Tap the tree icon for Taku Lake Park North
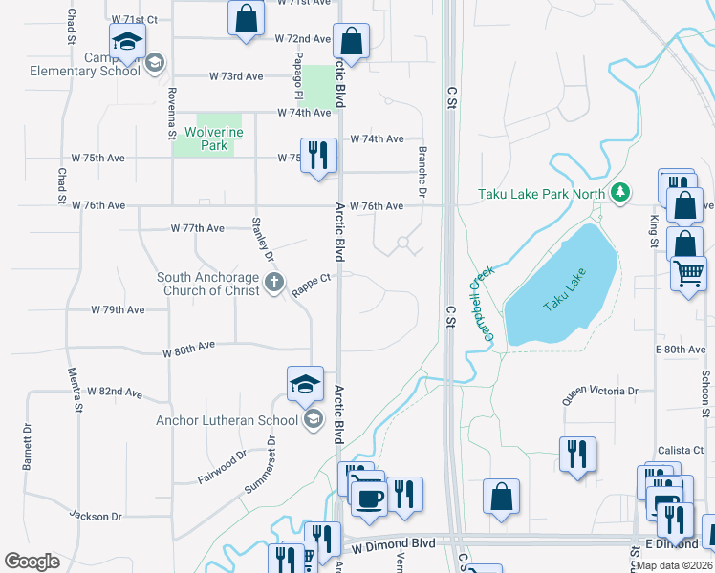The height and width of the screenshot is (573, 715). (x=620, y=194)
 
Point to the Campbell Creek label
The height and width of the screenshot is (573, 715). (x=483, y=305)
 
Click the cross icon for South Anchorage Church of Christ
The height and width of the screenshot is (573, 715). (x=274, y=283)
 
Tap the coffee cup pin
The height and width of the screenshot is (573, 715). (x=370, y=498)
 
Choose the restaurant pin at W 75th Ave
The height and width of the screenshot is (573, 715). (x=318, y=155)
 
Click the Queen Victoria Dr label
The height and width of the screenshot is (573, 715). (x=600, y=391)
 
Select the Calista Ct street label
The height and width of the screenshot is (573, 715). (x=680, y=450)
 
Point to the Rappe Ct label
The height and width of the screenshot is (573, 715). (x=312, y=286)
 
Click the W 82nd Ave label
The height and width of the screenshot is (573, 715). (x=114, y=393)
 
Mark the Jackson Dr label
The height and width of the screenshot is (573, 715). (x=96, y=516)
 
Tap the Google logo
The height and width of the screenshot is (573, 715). (x=32, y=561)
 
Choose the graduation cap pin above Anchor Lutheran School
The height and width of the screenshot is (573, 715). (x=305, y=385)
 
